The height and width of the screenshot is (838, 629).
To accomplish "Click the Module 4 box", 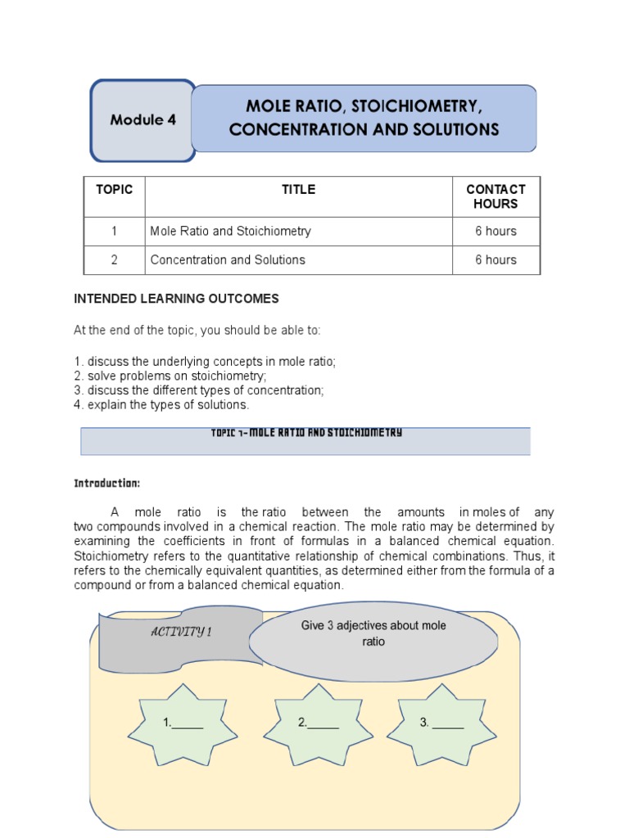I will click(143, 120).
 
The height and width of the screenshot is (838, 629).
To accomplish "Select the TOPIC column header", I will click(114, 189).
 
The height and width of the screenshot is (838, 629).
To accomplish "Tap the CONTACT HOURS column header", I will click(496, 196).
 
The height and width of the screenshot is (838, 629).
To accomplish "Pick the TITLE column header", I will click(298, 189).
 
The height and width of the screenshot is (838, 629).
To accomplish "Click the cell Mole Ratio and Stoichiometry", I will click(231, 231).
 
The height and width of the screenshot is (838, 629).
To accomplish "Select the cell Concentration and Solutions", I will click(228, 259).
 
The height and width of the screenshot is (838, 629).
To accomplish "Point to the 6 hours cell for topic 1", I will click(496, 231).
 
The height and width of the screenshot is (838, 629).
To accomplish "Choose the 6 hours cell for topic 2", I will click(496, 259).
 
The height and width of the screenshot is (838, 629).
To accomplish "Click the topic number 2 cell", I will click(114, 259).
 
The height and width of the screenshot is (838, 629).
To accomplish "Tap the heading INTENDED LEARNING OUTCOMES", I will click(176, 299).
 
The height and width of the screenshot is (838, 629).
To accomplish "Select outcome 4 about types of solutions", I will click(161, 404).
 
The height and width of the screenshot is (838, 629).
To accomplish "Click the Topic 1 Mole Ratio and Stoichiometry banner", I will click(305, 440).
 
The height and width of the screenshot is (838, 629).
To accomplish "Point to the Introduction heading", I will click(107, 483).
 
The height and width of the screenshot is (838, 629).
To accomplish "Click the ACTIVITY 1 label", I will click(180, 632).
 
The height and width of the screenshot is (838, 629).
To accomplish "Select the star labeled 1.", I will click(183, 723).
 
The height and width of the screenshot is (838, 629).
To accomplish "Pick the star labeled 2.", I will click(319, 723).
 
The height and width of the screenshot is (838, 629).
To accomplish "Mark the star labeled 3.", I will click(441, 723).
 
